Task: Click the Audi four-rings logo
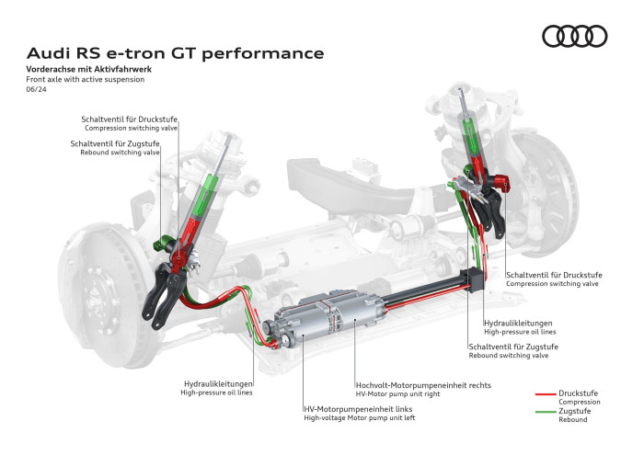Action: coord(574,36)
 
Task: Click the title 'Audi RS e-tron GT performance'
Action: coord(175,53)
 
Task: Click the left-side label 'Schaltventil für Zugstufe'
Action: coord(115,143)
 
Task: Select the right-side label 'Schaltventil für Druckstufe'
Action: coord(552,275)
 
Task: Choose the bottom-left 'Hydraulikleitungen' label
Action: coord(217,382)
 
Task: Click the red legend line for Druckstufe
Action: coord(546,393)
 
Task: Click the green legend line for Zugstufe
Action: coord(546,414)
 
